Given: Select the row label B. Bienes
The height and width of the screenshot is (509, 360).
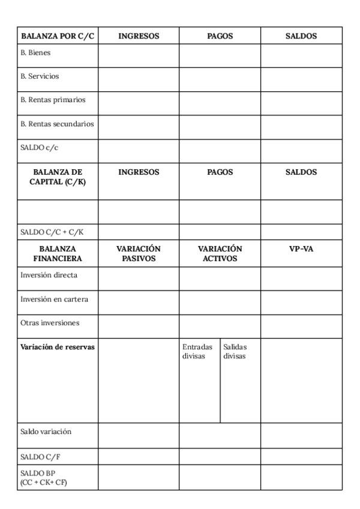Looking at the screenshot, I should [x=35, y=53].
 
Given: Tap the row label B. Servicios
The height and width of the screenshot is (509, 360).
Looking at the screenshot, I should [x=40, y=77].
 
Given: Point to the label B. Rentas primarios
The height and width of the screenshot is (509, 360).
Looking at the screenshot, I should [x=50, y=100].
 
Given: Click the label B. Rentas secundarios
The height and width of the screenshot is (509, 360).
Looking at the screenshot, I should [x=58, y=124].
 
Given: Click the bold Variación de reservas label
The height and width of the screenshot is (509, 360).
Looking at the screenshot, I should [x=58, y=347].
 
